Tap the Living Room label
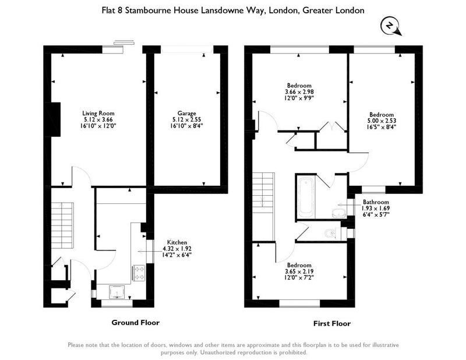click(x=98, y=113)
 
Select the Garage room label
click(x=186, y=113)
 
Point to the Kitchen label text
click(x=177, y=242)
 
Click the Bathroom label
click(x=376, y=202)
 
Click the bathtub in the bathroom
click(x=306, y=197)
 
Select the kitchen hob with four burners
click(x=139, y=273)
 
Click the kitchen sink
click(x=117, y=292)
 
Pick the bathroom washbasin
click(x=340, y=213)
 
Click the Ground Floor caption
click(x=136, y=323)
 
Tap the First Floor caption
click(x=332, y=323)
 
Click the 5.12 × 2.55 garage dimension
click(x=186, y=119)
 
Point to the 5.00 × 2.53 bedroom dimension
click(x=382, y=121)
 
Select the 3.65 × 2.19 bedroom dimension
click(x=299, y=271)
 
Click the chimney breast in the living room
click(x=56, y=119)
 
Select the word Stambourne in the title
click(x=148, y=10)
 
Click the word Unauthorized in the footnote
click(x=217, y=352)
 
